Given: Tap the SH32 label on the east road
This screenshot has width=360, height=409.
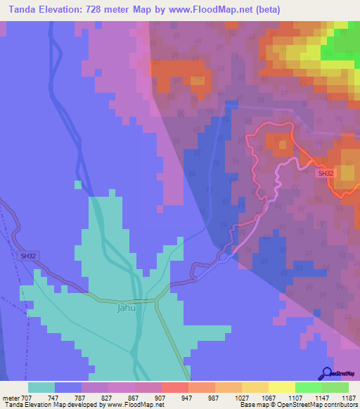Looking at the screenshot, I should [326, 173].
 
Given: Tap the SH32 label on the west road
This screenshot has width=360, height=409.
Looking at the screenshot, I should [28, 257].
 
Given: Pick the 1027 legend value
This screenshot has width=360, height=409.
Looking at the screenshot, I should [242, 397].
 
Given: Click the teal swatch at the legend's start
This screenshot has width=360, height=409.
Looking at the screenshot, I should [41, 387].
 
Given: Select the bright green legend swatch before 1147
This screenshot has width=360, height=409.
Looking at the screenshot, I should [309, 387].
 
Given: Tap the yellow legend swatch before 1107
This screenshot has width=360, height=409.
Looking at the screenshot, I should [282, 387].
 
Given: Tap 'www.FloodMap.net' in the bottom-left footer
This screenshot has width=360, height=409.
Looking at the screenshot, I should [135, 405].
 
